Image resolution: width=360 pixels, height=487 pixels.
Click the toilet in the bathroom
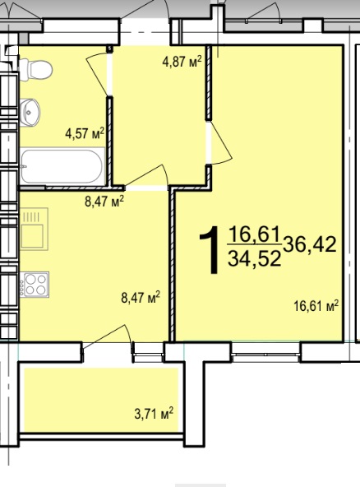(35, 70)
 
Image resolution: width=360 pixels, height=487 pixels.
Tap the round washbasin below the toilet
(30, 112)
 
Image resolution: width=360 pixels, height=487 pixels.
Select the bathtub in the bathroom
(62, 167)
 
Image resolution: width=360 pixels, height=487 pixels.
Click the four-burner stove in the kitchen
(35, 285)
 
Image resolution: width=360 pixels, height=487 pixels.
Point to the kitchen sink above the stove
(35, 229)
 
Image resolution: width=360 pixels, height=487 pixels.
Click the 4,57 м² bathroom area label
(84, 134)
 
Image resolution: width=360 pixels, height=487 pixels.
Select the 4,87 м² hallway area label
(182, 62)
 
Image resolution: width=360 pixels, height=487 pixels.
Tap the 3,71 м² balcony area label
(154, 414)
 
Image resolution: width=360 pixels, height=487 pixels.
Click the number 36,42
(309, 244)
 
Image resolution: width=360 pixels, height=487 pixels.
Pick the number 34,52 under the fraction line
(255, 258)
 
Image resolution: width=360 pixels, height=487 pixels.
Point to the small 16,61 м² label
(316, 306)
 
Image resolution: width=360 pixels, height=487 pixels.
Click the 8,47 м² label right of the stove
(141, 297)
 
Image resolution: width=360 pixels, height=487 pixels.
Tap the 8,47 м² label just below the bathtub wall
(104, 202)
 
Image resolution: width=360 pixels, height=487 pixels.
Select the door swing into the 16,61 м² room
(221, 143)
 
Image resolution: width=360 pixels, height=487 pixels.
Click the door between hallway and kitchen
(146, 176)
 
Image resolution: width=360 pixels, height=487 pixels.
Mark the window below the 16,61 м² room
(266, 353)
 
